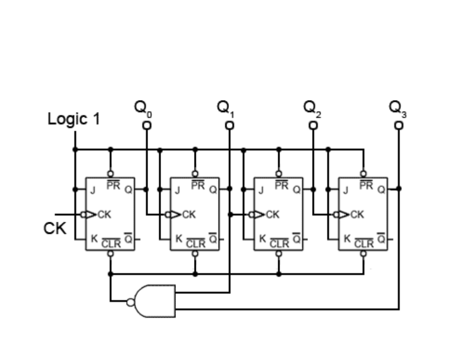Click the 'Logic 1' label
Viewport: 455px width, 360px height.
pos(73,119)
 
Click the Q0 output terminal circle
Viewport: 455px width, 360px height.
pos(147,125)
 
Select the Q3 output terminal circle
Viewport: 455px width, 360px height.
pos(398,125)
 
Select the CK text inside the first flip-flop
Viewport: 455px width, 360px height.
pos(104,215)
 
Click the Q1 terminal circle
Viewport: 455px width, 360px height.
pos(229,125)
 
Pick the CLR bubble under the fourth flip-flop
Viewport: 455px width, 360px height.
pos(364,253)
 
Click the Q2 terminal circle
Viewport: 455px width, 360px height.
pos(314,125)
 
